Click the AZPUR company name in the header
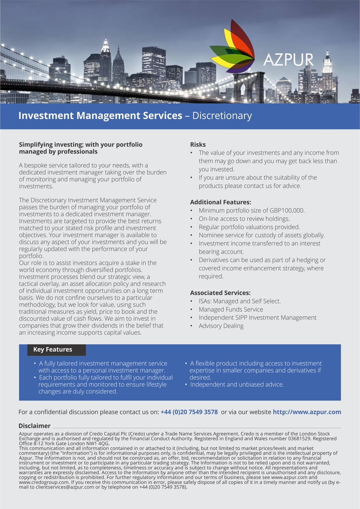pos(288,59)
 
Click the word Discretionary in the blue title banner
pos(222,115)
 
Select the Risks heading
pos(198,145)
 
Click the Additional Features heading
pos(220,202)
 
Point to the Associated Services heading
pos(220,293)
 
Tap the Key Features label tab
pos(53,350)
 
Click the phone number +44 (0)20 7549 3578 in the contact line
pos(189,412)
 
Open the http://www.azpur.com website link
pos(307,412)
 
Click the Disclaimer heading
pos(34,425)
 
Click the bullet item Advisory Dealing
pos(221,326)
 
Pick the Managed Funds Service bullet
pos(231,309)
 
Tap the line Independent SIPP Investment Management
pos(257,317)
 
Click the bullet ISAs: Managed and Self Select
pos(240,301)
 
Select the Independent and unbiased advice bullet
pos(237,384)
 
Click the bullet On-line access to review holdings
pos(244,219)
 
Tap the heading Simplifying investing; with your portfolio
pos(81,145)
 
